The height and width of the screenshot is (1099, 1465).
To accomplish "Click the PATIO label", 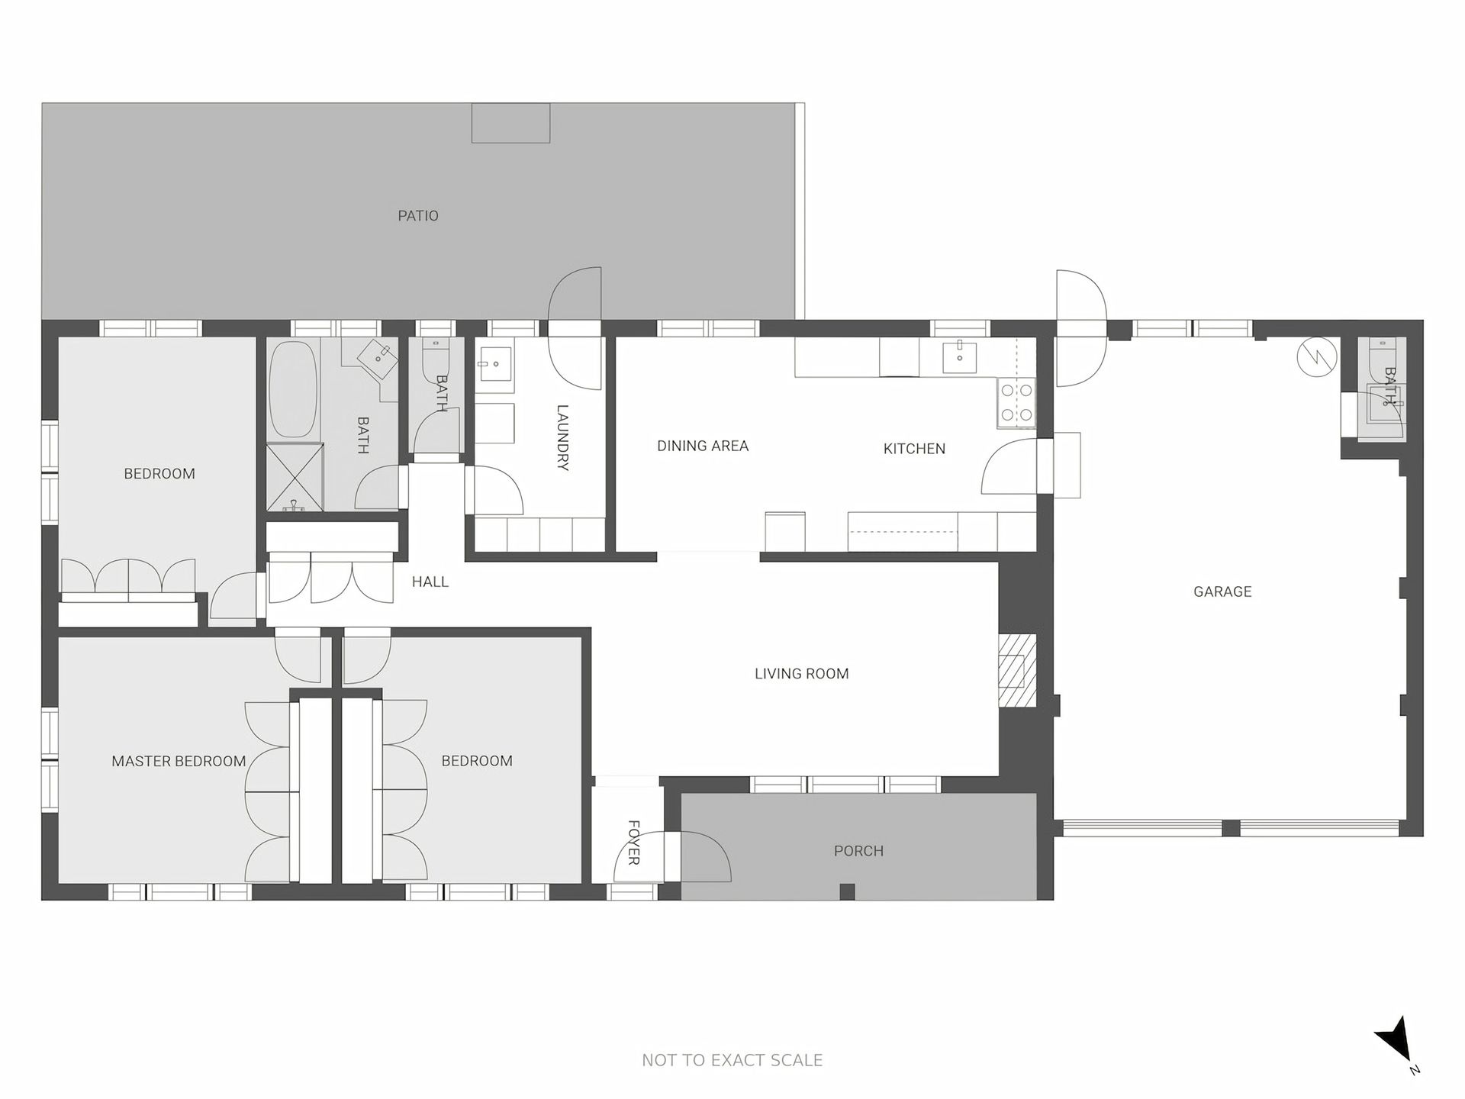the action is pyautogui.click(x=418, y=216).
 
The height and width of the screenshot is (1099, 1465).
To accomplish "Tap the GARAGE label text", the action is pyautogui.click(x=1222, y=591).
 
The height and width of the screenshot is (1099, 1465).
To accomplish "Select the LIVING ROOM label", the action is pyautogui.click(x=801, y=674).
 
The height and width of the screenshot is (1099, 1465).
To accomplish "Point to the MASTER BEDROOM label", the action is pyautogui.click(x=179, y=761).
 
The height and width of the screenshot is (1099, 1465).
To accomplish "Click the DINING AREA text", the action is pyautogui.click(x=703, y=446).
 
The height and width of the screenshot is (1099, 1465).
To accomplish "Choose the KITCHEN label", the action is pyautogui.click(x=914, y=449).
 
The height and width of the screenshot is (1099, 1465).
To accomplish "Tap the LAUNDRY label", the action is pyautogui.click(x=563, y=437).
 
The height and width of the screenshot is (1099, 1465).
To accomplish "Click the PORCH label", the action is pyautogui.click(x=858, y=851).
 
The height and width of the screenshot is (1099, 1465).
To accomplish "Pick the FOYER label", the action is pyautogui.click(x=633, y=843).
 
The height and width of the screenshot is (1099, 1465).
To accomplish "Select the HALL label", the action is pyautogui.click(x=430, y=582).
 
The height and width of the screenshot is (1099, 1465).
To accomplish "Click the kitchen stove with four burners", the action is pyautogui.click(x=1016, y=402).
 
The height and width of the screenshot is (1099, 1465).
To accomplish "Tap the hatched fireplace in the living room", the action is pyautogui.click(x=1018, y=671).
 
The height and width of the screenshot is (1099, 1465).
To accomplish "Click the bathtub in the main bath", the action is pyautogui.click(x=294, y=389).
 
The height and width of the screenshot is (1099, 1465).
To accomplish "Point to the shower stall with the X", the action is pyautogui.click(x=295, y=477).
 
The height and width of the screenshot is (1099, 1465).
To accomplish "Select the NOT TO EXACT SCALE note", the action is pyautogui.click(x=732, y=1060).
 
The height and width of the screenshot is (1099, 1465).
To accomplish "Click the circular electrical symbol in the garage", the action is pyautogui.click(x=1318, y=358).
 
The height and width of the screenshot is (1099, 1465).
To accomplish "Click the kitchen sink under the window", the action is pyautogui.click(x=960, y=356).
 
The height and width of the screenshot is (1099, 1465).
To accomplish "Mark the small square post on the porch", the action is pyautogui.click(x=846, y=891).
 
